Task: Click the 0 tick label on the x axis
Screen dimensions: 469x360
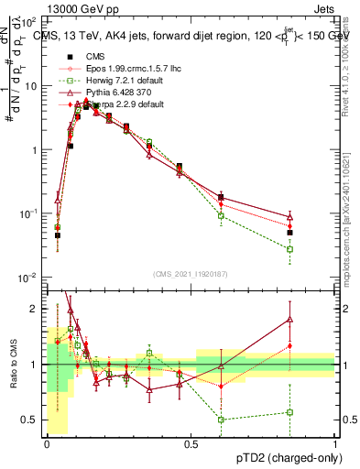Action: pos(47,442)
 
